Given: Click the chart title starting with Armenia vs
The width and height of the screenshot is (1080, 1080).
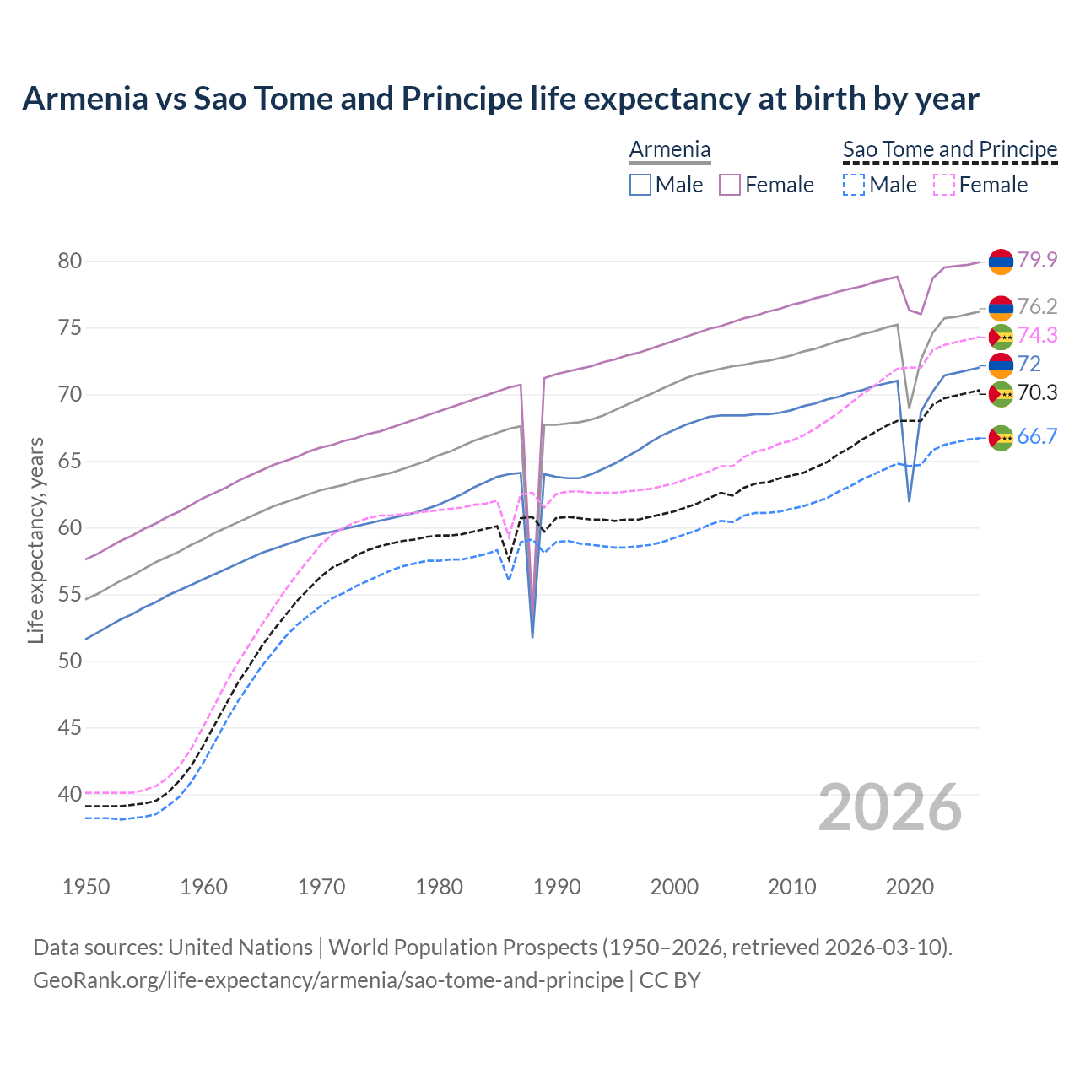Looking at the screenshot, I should click(x=500, y=99).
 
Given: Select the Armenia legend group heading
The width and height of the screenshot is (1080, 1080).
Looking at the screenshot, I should click(x=670, y=149).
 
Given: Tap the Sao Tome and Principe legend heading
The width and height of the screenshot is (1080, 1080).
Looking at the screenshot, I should click(x=950, y=149).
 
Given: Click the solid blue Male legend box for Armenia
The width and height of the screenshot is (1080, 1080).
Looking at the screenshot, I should click(x=640, y=185).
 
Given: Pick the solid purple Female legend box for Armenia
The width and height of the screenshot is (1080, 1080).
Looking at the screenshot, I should click(x=730, y=185).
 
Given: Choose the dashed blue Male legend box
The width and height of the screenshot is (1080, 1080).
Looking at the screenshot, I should click(x=854, y=185).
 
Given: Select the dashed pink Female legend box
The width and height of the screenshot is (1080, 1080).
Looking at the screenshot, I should click(x=944, y=185).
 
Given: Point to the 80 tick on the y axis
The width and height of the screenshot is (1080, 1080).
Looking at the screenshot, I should click(x=69, y=262).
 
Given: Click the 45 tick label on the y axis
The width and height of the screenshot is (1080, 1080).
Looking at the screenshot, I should click(x=69, y=727).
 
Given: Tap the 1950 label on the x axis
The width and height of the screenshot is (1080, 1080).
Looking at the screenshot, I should click(x=86, y=887).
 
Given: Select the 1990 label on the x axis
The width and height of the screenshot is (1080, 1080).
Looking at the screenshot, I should click(x=557, y=887).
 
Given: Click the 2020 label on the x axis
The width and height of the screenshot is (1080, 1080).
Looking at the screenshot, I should click(x=910, y=887).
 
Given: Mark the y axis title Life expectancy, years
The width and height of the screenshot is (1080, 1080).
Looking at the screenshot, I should click(x=35, y=540).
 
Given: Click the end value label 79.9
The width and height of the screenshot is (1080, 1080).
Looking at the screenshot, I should click(x=1037, y=261).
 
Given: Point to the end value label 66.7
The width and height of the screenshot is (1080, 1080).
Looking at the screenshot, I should click(x=1037, y=436).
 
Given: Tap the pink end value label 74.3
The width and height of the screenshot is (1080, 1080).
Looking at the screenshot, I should click(x=1037, y=336).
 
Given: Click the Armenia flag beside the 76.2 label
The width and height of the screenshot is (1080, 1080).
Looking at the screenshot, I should click(x=1001, y=308).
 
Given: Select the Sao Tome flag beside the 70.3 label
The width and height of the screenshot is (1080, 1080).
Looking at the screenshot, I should click(x=1001, y=393).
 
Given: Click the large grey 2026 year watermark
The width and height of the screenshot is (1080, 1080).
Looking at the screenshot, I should click(x=890, y=807).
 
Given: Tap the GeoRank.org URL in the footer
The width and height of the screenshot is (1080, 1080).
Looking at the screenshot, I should click(x=327, y=980).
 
